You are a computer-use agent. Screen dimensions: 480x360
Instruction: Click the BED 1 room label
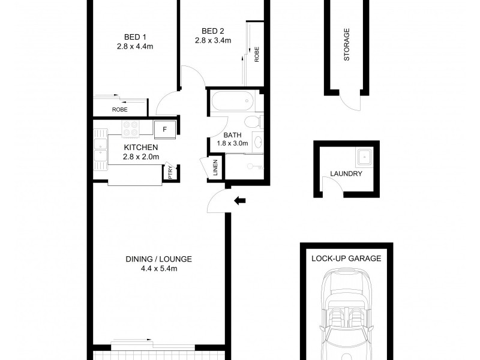point(135,37)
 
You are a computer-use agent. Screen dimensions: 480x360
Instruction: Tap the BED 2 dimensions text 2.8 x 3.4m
point(213,40)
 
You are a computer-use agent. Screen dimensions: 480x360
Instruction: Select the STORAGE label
point(347,44)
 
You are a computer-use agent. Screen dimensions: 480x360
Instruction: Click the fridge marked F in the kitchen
point(164,130)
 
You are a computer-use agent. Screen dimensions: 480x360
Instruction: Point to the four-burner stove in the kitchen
point(131,128)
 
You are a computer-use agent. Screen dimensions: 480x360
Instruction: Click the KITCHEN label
point(141,148)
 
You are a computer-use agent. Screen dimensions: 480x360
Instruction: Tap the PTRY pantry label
point(170,172)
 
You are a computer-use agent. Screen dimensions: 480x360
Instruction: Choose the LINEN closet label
point(215,168)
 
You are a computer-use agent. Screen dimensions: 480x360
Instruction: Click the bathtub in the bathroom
point(233,101)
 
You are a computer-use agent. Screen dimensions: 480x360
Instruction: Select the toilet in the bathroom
point(253,122)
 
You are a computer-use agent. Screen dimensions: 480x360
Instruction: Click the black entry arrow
point(239,201)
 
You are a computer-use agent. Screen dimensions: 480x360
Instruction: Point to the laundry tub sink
point(364,157)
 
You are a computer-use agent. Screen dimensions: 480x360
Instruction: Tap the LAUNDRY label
point(346,173)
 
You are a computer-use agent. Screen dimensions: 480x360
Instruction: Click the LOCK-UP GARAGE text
point(346,259)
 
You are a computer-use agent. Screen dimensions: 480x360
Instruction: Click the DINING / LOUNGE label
point(158,259)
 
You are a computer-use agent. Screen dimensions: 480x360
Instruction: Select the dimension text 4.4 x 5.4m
point(159,269)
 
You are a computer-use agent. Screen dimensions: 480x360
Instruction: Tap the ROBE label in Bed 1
point(119,110)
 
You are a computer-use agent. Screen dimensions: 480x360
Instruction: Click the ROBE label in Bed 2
point(257,54)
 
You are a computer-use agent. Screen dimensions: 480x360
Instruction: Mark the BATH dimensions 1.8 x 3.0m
point(232,143)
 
